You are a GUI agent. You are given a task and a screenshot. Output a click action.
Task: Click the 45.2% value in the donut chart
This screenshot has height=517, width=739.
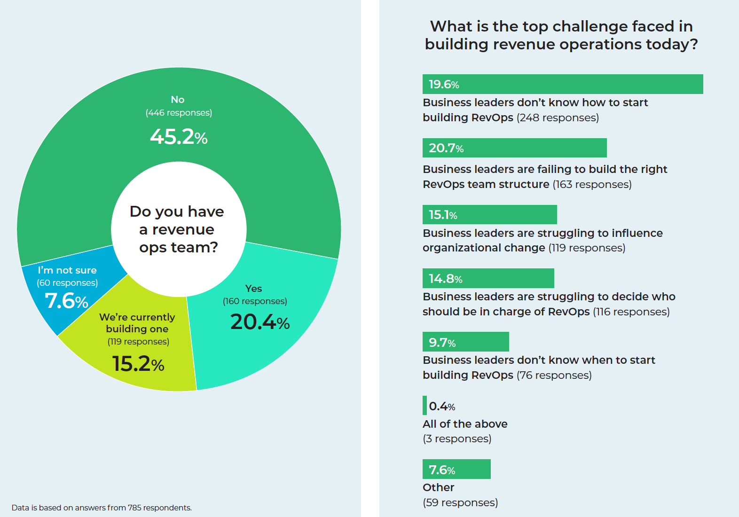pos(179,137)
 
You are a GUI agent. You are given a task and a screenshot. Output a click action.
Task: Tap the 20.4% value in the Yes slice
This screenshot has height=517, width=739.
pos(259,322)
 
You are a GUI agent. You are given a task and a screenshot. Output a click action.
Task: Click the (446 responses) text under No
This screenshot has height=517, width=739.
pos(179,113)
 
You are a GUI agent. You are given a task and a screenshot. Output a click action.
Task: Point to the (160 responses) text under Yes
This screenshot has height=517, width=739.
pos(255,301)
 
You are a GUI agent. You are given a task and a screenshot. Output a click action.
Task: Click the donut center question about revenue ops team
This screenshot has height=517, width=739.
pos(178,229)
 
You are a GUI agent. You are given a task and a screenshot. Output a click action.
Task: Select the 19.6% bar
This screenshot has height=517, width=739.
pos(562,84)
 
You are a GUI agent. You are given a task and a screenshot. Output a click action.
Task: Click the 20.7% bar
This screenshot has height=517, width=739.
pos(514,148)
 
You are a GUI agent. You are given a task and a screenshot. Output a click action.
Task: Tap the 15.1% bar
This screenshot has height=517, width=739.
pos(489,215)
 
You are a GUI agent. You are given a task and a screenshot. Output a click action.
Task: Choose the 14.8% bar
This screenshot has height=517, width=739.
pos(488,278)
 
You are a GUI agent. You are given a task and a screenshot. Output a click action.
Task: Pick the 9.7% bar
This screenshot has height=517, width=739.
pos(465,342)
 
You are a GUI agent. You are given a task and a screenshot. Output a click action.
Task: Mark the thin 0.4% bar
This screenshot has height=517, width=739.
pos(425,406)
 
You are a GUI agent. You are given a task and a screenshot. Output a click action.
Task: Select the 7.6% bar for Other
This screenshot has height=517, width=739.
pos(456,469)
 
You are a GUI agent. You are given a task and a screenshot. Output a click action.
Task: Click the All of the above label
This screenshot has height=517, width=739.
pos(465,424)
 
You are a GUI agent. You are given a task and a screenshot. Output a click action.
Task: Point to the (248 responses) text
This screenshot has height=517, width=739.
pos(558,117)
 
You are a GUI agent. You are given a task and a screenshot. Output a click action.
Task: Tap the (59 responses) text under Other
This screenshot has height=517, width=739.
pos(460,502)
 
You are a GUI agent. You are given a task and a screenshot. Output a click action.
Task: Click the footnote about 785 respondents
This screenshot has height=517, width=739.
pos(102,508)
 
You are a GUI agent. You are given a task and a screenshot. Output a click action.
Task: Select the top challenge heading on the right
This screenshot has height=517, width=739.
pos(561,35)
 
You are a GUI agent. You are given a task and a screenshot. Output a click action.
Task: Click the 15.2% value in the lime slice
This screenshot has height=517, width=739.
pos(138,364)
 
